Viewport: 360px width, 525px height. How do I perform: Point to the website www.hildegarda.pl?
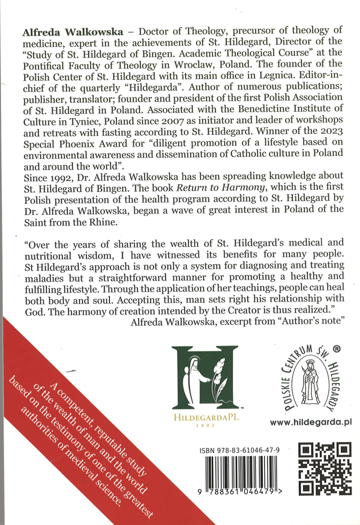[311, 422]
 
